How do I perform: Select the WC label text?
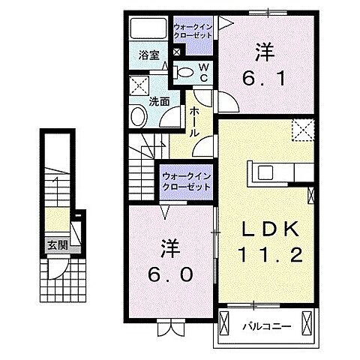202,71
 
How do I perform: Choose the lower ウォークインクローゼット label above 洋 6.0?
185,181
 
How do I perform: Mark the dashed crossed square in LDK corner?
302,131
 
